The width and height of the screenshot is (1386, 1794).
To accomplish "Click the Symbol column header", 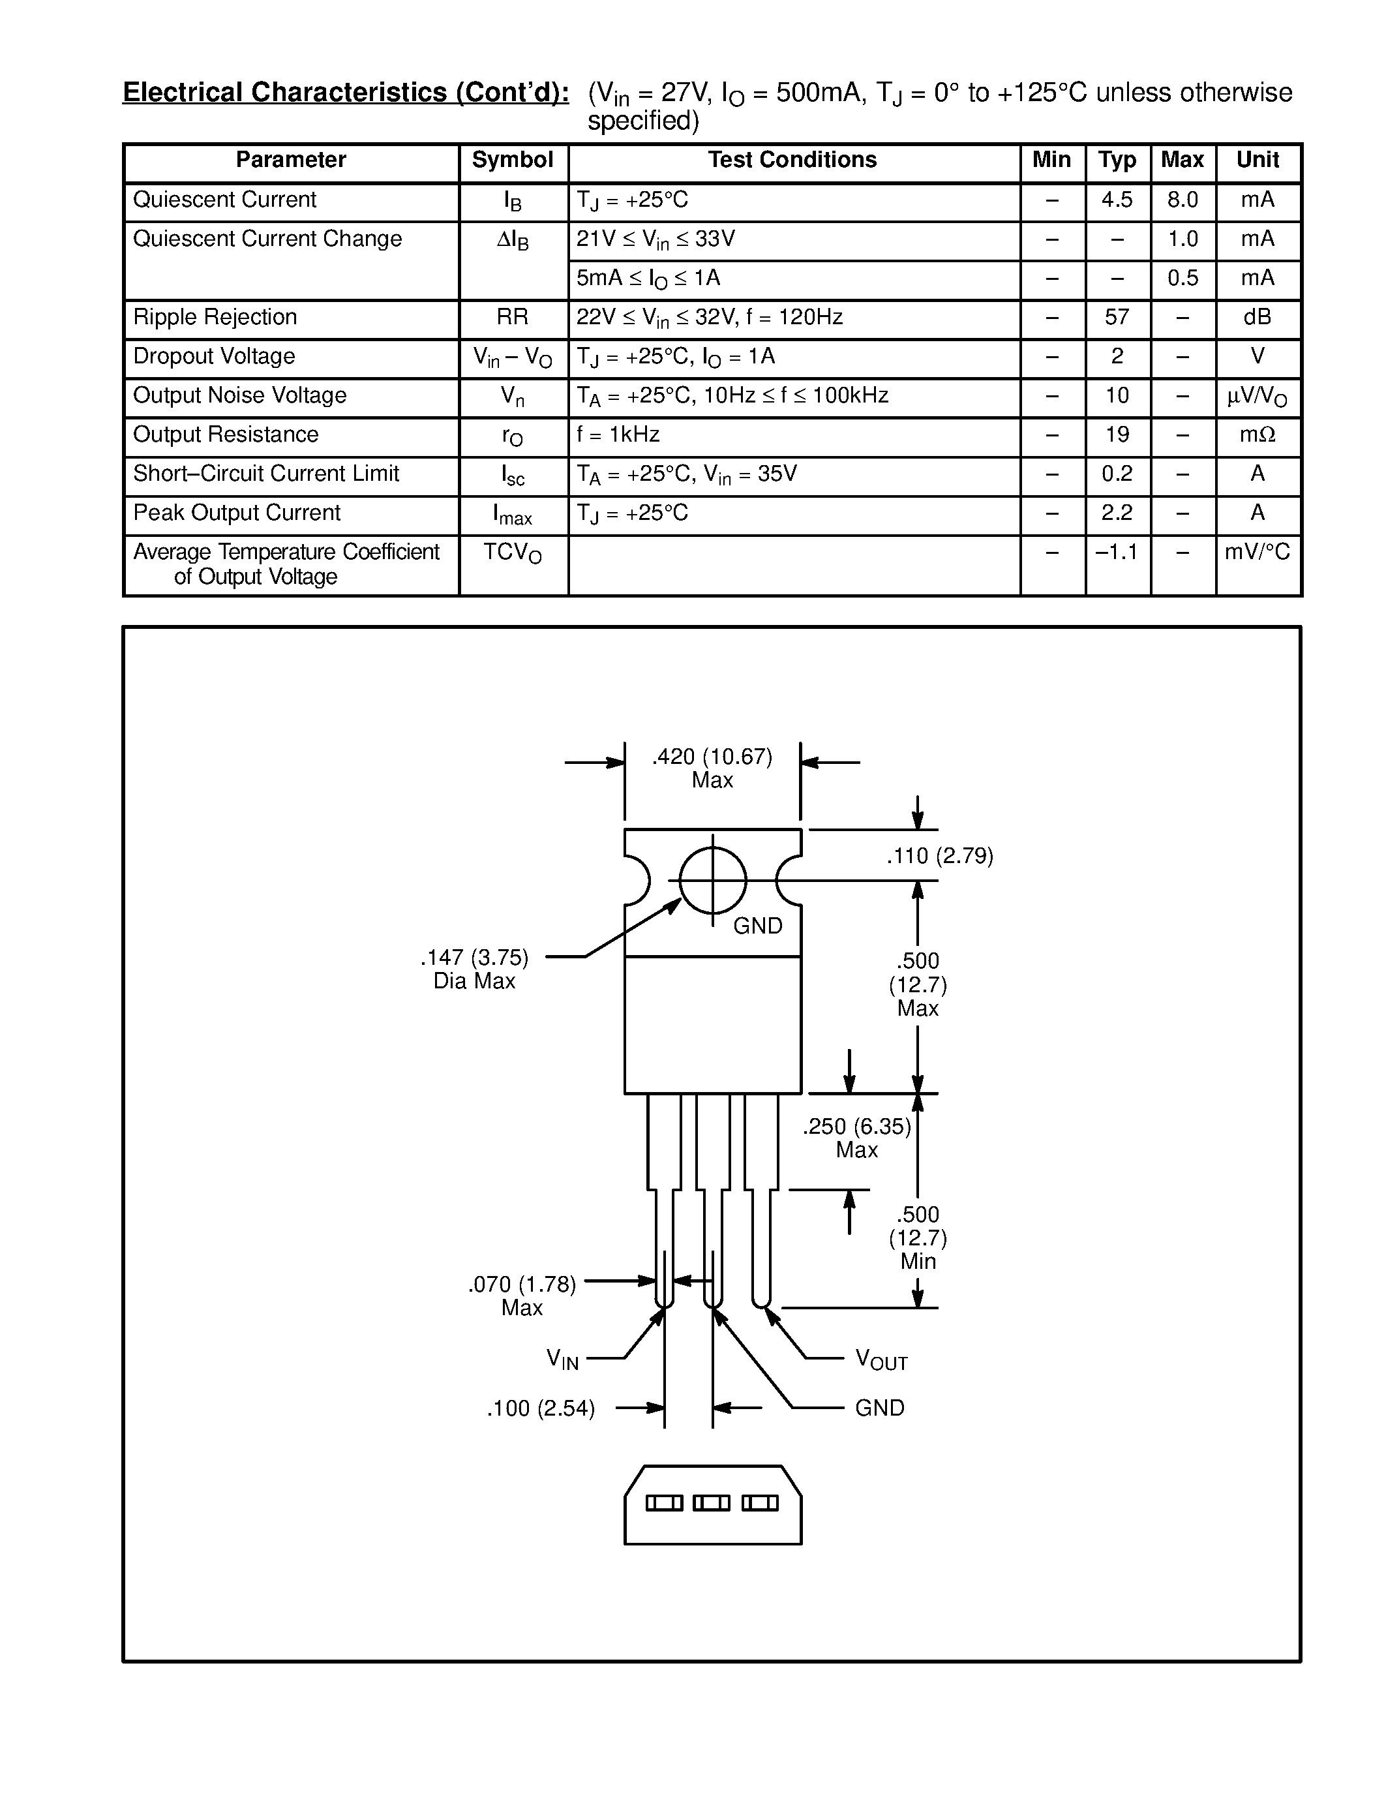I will (x=513, y=160).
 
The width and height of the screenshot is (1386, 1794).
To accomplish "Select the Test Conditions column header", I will (x=792, y=160).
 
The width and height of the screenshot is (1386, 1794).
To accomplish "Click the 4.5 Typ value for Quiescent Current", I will (x=1117, y=200).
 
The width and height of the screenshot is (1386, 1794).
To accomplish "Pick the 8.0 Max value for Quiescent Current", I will (x=1183, y=200).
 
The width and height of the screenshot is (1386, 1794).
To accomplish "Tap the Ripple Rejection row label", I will (x=215, y=318).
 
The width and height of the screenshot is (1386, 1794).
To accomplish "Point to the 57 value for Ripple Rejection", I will (x=1117, y=318).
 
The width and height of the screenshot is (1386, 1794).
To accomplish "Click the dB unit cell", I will (x=1257, y=318).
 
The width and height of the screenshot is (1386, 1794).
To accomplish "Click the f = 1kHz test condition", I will (x=618, y=434).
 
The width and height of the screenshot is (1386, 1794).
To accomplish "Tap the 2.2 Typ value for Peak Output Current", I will (x=1117, y=513).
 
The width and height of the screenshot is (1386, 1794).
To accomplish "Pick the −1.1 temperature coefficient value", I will (x=1117, y=552).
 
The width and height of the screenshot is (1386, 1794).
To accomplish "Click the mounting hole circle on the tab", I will (x=713, y=881).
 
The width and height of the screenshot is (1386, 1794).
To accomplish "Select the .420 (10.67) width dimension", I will (x=712, y=757).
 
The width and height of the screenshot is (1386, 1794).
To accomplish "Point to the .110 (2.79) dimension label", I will (x=939, y=857).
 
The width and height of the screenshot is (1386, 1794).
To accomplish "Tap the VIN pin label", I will (x=562, y=1360).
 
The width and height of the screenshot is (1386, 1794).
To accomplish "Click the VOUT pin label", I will (x=881, y=1360).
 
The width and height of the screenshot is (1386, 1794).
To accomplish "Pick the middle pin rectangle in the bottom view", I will (x=711, y=1503).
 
